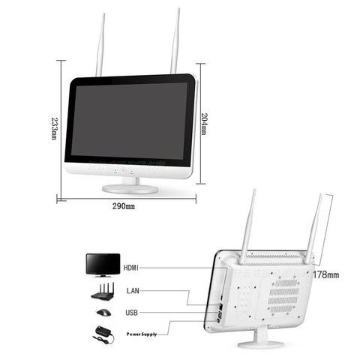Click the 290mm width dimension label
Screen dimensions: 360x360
(x=124, y=206)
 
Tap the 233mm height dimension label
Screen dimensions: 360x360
(x=54, y=128)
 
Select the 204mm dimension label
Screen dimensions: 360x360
(x=204, y=124)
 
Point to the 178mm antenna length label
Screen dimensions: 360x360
(x=326, y=274)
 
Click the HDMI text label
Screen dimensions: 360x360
(x=131, y=268)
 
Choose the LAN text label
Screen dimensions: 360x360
(x=133, y=291)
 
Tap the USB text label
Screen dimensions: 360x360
(x=131, y=313)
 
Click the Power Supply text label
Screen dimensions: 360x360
(x=142, y=334)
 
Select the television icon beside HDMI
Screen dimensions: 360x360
(x=103, y=265)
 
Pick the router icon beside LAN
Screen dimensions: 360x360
(x=103, y=291)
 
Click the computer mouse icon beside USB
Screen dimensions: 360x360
(x=103, y=313)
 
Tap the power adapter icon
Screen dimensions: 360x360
(x=104, y=334)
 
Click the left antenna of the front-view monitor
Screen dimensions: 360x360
(x=100, y=45)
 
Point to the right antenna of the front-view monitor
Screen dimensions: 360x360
(x=175, y=41)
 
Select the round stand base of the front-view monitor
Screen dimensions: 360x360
(x=130, y=189)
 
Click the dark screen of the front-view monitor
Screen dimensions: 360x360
(x=129, y=121)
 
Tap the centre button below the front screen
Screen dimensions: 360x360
(x=123, y=171)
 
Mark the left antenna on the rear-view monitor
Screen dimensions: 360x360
(x=247, y=227)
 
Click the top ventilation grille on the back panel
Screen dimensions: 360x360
(x=286, y=283)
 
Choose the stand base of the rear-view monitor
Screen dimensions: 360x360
(x=261, y=344)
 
